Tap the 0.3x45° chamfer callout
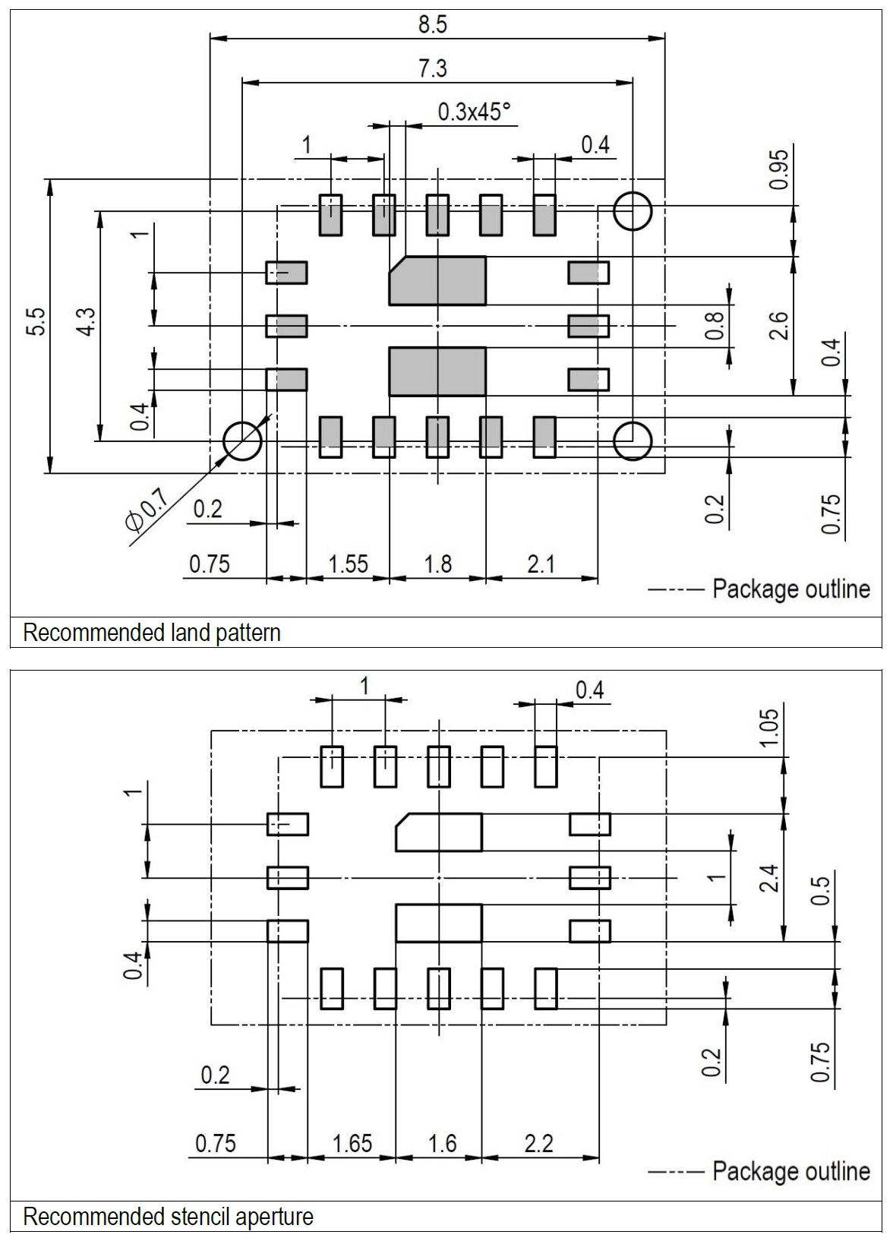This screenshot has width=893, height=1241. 474,112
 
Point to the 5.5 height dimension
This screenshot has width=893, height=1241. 39,321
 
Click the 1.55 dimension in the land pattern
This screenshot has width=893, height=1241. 348,564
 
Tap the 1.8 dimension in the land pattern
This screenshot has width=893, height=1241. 438,564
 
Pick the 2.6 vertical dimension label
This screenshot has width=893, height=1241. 780,326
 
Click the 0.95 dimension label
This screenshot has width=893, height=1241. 780,169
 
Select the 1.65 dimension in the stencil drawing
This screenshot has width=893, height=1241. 352,1143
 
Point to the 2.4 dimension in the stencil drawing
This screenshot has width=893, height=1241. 770,879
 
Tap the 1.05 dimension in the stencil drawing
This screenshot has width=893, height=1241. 770,728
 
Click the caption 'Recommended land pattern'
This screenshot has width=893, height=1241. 152,633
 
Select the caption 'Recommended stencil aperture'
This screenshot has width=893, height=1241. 168,1217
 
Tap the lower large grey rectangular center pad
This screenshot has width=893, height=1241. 437,371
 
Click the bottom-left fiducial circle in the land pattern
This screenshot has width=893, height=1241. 242,441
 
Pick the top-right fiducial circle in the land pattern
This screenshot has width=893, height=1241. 633,210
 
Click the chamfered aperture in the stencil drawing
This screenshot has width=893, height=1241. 440,832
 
